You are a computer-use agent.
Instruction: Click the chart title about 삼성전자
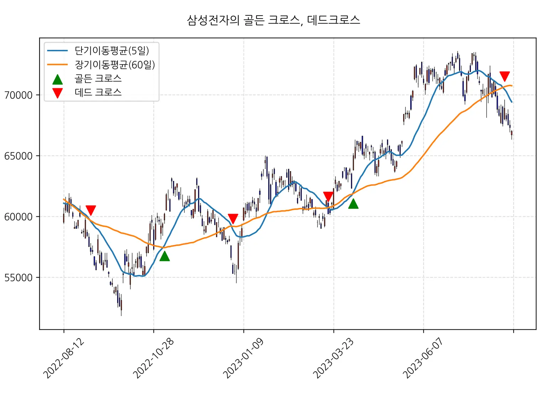tap(273, 20)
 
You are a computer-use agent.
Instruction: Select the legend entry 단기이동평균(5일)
tap(111, 51)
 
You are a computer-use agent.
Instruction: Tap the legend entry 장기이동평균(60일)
tap(115, 64)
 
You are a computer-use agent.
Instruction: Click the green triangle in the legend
tap(57, 79)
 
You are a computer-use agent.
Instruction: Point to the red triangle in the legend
tap(57, 93)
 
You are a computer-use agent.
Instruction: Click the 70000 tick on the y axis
tap(18, 95)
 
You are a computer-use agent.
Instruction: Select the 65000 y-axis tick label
tap(18, 156)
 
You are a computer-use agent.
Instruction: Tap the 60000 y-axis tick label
tap(18, 217)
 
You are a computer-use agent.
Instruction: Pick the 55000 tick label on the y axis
tap(18, 278)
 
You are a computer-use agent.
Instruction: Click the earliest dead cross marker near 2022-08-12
tap(91, 210)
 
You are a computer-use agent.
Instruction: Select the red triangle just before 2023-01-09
tap(233, 219)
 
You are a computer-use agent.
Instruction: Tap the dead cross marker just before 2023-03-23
tap(328, 196)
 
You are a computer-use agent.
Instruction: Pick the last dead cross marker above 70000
tap(505, 76)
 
